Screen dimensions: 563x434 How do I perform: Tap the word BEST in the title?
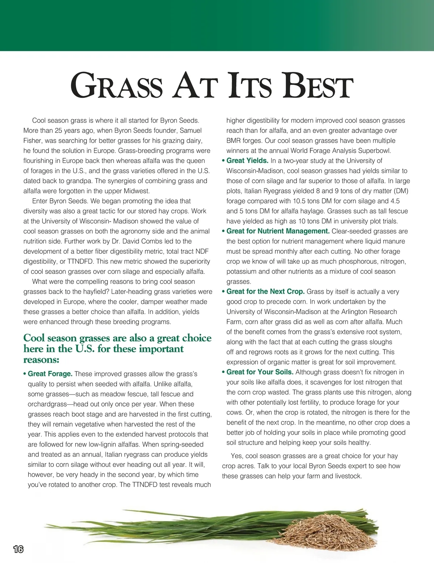tap(318, 86)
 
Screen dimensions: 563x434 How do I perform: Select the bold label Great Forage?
tap(50, 374)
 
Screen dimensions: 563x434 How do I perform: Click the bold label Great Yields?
tap(247, 161)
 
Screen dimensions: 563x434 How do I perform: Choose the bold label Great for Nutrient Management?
tap(278, 231)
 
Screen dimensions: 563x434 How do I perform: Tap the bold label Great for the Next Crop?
tap(265, 292)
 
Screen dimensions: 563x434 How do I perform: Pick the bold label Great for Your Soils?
tap(260, 372)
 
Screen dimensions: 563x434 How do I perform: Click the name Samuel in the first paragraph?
tap(191, 130)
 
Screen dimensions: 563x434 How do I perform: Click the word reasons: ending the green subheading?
tap(41, 360)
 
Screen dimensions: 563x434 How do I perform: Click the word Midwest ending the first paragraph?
tap(136, 191)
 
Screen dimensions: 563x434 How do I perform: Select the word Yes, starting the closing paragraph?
tap(237, 456)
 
